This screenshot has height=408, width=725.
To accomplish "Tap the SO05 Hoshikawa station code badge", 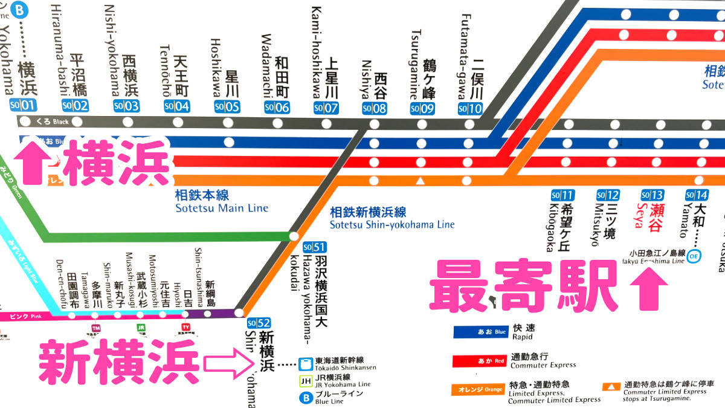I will [x=227, y=108].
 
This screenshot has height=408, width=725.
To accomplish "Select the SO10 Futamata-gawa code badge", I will [x=470, y=109].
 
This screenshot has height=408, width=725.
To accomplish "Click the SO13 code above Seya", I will [x=652, y=195].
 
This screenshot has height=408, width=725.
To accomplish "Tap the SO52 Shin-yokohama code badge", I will [x=259, y=323].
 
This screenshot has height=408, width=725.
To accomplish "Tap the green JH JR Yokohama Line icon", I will [x=306, y=381].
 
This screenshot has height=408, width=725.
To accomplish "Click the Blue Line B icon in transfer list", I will [x=306, y=398].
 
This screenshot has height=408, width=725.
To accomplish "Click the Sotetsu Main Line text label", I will [x=221, y=202].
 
